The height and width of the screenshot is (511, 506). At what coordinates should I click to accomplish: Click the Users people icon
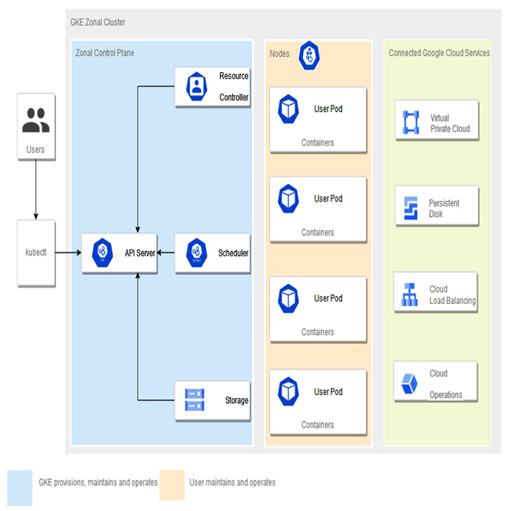click(x=36, y=120)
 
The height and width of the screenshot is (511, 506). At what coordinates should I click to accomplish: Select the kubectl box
click(x=36, y=254)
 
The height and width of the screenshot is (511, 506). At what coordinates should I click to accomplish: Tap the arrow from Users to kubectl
click(x=36, y=190)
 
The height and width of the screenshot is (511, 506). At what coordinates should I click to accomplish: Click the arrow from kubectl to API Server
click(x=68, y=253)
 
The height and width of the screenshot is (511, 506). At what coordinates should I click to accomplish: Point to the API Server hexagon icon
click(x=102, y=253)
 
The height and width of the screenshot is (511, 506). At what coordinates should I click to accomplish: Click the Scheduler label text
click(x=233, y=253)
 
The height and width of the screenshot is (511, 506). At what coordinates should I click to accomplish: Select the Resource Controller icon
click(x=196, y=86)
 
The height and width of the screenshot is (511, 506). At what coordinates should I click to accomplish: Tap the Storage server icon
click(x=195, y=400)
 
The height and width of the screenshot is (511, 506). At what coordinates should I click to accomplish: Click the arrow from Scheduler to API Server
click(x=166, y=253)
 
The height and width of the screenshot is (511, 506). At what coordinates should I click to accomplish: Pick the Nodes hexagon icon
click(x=309, y=55)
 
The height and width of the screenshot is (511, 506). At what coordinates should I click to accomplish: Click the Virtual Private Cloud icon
click(x=411, y=122)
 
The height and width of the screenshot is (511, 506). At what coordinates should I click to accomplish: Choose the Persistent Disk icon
click(x=411, y=208)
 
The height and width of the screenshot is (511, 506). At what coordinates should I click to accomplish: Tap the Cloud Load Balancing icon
click(x=409, y=294)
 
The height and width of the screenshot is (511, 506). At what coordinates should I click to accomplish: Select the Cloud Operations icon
click(x=409, y=384)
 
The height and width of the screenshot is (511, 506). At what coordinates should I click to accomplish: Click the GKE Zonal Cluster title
click(x=98, y=22)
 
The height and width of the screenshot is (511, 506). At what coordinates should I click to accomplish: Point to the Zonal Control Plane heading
click(x=105, y=53)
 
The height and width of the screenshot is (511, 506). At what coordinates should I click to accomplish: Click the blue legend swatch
click(x=20, y=488)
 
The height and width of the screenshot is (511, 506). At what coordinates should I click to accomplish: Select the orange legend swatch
click(x=172, y=485)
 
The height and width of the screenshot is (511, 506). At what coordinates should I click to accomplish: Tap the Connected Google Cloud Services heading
click(x=439, y=53)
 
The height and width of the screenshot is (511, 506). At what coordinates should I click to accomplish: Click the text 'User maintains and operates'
click(x=232, y=482)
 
